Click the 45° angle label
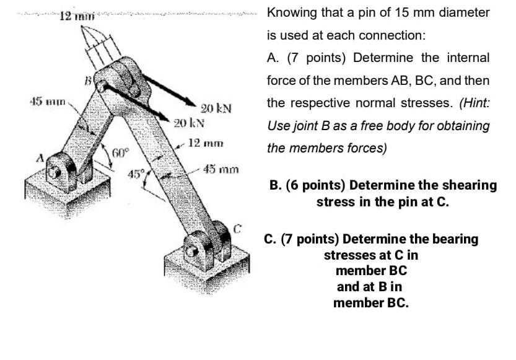click(136, 173)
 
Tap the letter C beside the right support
click(236, 227)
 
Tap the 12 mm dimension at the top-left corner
click(75, 15)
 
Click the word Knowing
click(291, 12)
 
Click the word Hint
click(474, 103)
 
